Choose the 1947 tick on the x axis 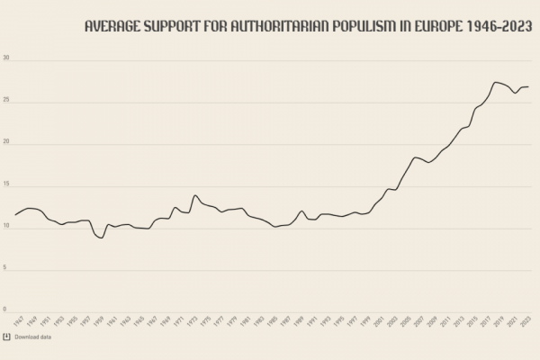coord(18,320)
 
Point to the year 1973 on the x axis coord(192,320)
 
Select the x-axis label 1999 coord(365,320)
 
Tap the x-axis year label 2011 coord(445,320)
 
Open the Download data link coord(33,337)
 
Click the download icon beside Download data coord(6,337)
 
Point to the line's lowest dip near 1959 coord(102,238)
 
